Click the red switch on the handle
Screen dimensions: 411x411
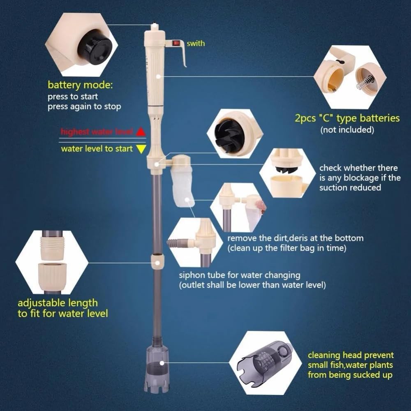click(x=178, y=42)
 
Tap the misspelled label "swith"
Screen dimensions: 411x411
click(x=196, y=43)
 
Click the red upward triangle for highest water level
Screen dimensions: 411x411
click(x=141, y=132)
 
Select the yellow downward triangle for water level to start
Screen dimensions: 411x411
click(x=141, y=149)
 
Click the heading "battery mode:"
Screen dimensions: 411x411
click(x=80, y=85)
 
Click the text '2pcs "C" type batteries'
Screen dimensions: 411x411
click(x=347, y=118)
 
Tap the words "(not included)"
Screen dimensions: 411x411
click(x=347, y=130)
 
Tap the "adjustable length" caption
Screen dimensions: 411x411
click(x=58, y=303)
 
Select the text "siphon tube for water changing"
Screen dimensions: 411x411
click(x=239, y=275)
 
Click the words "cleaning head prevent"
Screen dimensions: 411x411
click(x=351, y=355)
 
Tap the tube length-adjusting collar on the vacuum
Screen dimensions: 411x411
click(x=156, y=261)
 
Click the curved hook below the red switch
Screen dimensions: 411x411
click(x=183, y=58)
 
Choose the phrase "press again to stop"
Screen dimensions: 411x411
click(x=84, y=107)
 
